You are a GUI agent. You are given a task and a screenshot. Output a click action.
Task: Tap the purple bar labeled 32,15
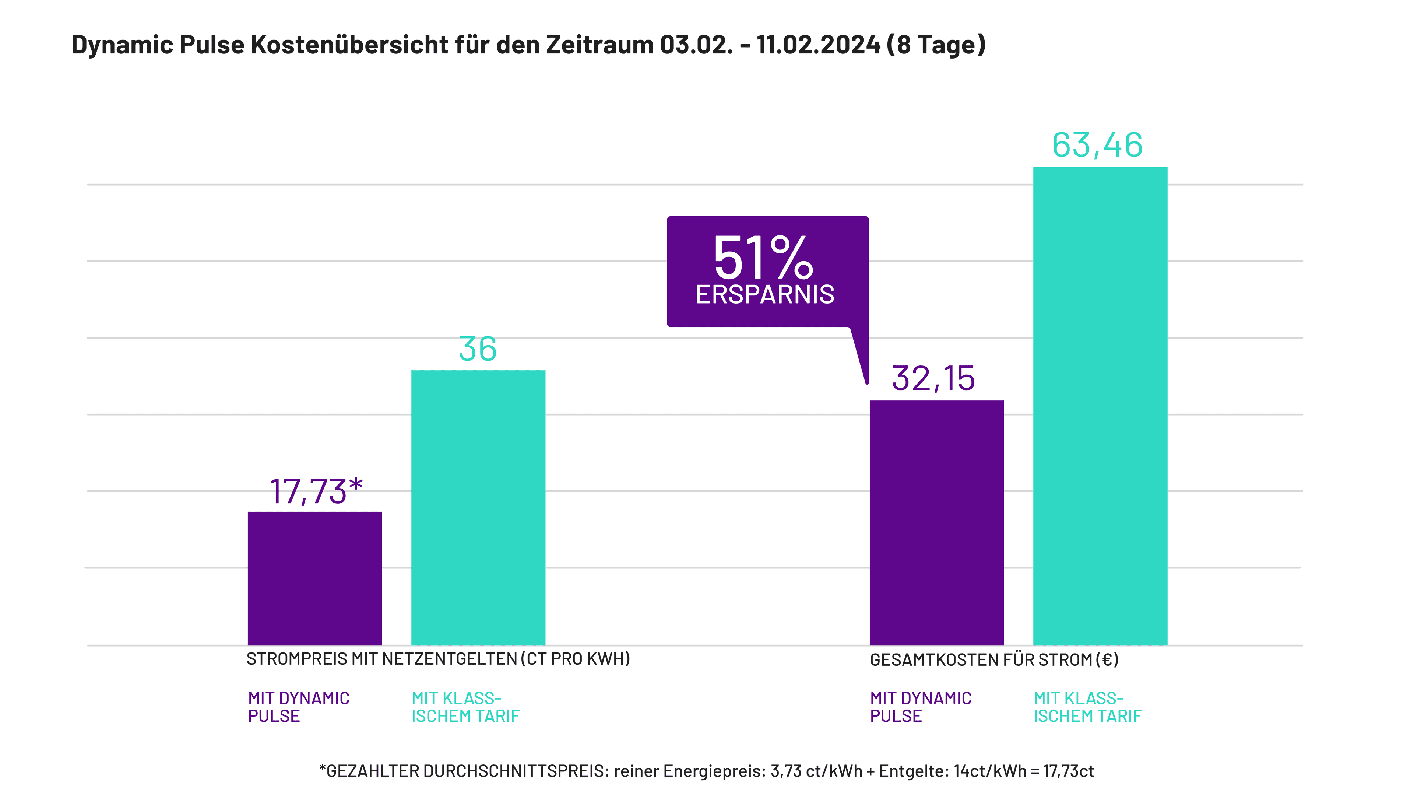(x=936, y=522)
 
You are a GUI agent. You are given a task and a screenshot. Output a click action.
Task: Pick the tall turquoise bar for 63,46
(x=1100, y=406)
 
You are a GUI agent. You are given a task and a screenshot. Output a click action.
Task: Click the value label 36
(x=478, y=349)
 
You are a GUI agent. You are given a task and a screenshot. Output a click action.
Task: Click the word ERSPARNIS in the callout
(x=765, y=295)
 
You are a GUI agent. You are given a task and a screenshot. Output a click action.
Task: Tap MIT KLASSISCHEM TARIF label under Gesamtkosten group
(x=1087, y=707)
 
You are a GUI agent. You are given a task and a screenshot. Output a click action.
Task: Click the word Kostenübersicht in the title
(x=350, y=45)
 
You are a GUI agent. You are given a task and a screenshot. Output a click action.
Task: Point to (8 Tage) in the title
(x=936, y=45)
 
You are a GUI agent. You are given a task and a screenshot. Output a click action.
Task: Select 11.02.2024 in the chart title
(x=818, y=45)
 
